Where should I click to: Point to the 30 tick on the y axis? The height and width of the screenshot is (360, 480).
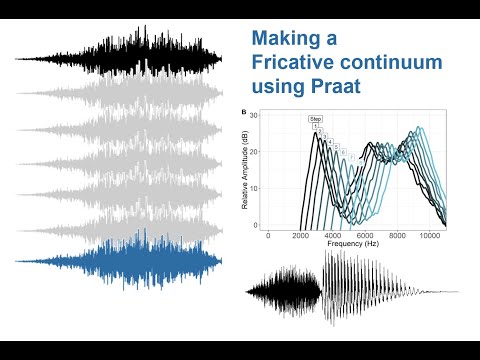pos(254,116)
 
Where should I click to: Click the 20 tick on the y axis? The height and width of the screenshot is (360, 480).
pos(254,152)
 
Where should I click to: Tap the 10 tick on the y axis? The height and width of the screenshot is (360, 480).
pos(254,189)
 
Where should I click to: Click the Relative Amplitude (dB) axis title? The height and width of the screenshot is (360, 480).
pos(246,170)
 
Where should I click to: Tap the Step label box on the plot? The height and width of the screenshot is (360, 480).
pos(315,119)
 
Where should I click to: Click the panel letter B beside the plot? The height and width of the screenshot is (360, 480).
pos(245,112)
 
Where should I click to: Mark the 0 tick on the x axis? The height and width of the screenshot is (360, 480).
pos(267,235)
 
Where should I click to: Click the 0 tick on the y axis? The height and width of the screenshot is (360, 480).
pos(256,225)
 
